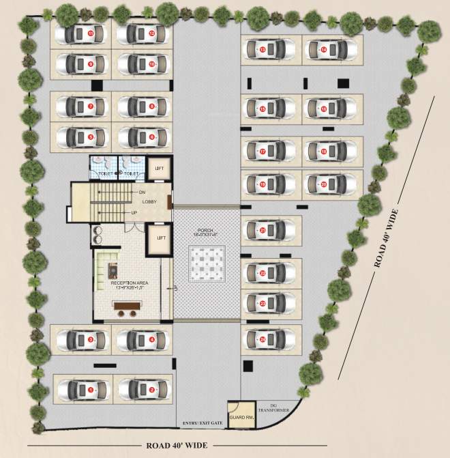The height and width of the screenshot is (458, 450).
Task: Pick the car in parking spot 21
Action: click(x=271, y=231)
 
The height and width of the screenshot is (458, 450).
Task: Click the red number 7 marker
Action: click(x=90, y=106)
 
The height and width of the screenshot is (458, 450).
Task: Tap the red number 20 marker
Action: click(x=324, y=184)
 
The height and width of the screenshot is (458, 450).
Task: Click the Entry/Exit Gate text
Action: click(x=202, y=424)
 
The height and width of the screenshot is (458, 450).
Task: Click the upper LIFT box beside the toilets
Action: click(x=160, y=169)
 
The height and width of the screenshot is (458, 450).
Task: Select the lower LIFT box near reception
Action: click(x=160, y=238)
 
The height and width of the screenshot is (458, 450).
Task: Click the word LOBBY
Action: click(x=150, y=202)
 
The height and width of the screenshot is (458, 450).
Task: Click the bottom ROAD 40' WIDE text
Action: click(x=177, y=446)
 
